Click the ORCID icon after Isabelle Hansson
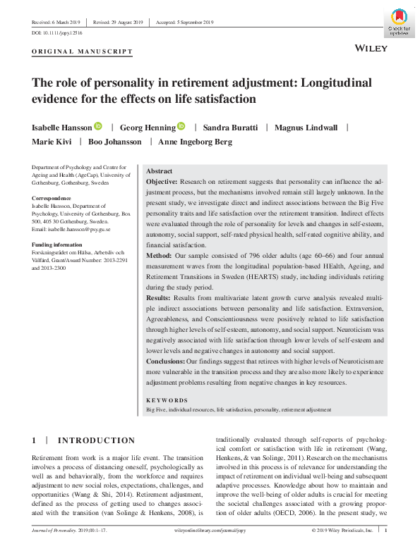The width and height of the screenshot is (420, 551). (x=98, y=126)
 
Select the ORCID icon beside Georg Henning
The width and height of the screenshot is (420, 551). (x=181, y=126)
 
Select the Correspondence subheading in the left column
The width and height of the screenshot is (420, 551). (x=52, y=199)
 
